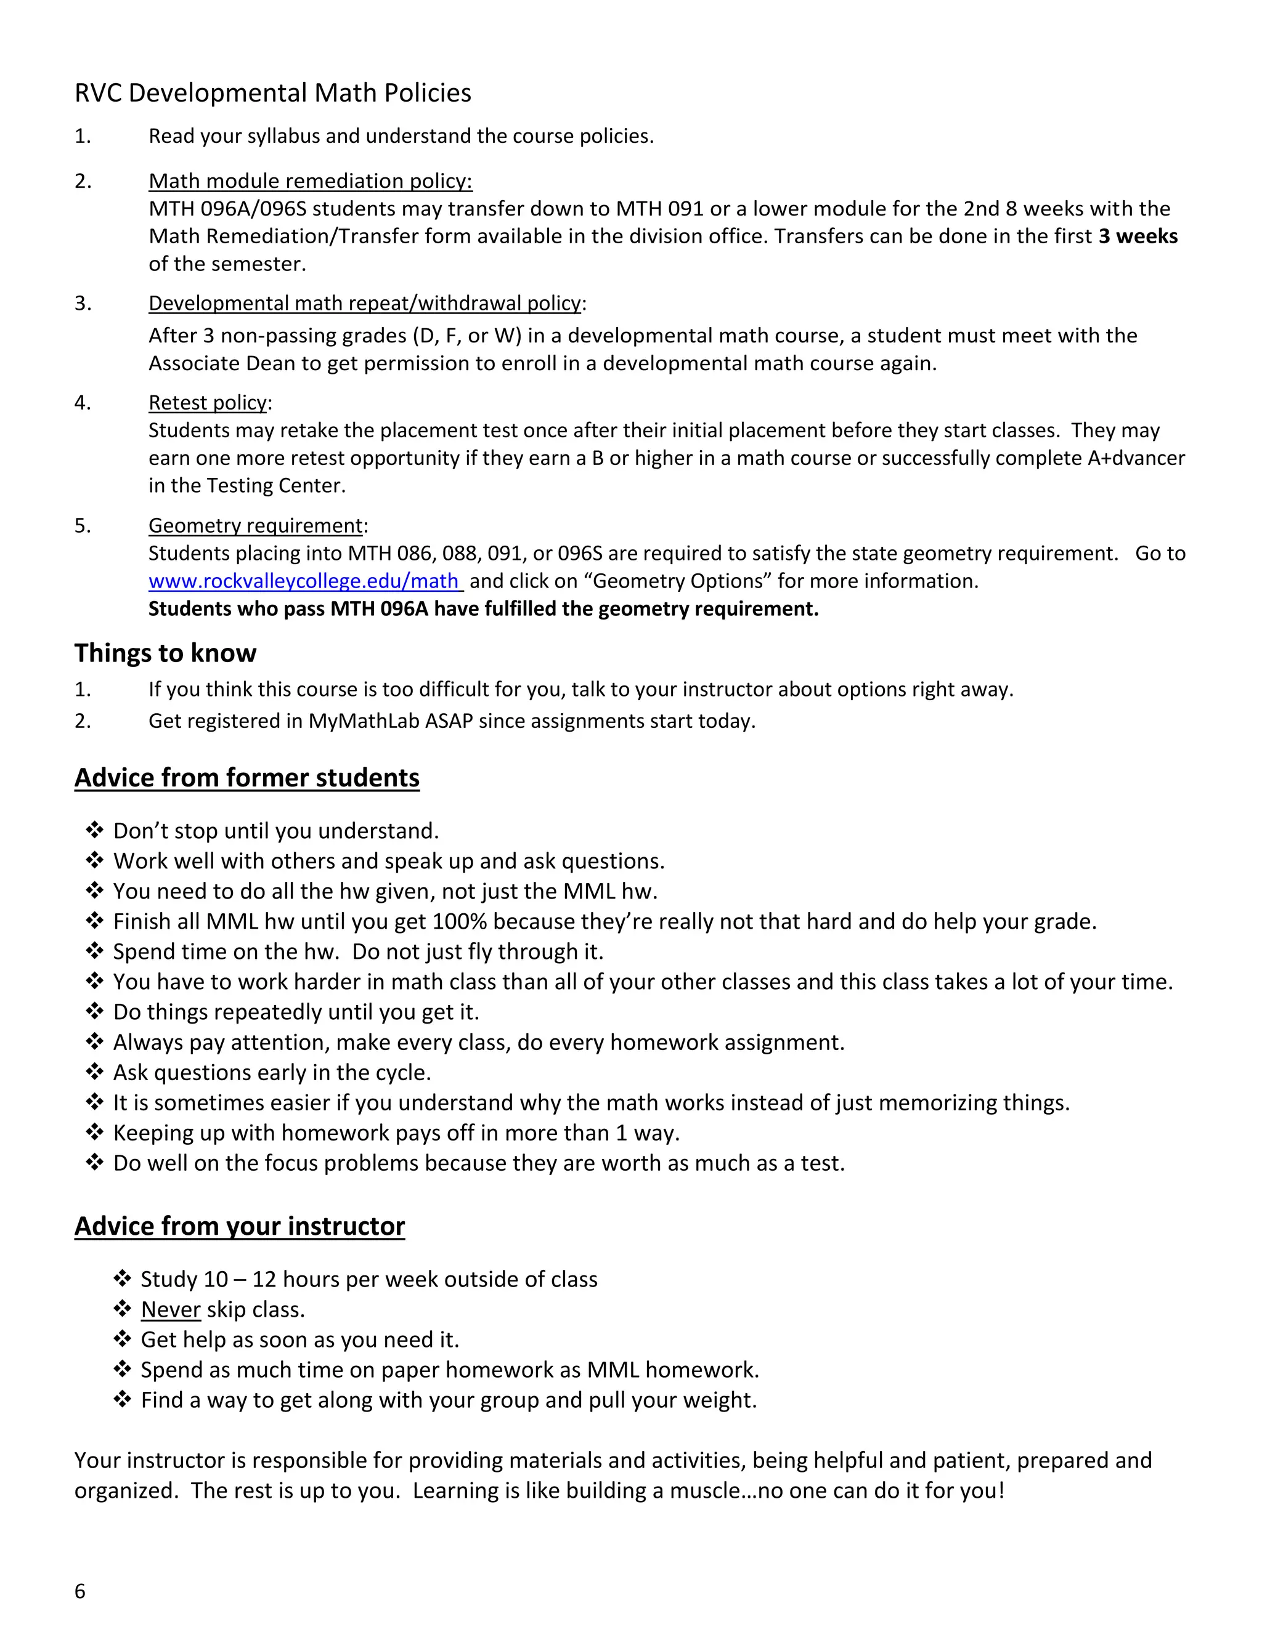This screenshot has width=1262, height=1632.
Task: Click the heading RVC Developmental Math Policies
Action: (273, 92)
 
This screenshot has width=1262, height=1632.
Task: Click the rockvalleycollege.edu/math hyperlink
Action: (304, 581)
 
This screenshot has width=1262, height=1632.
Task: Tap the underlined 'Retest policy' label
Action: (207, 403)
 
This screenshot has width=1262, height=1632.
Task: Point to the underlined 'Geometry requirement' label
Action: (255, 525)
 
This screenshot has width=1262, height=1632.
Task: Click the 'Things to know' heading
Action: (165, 652)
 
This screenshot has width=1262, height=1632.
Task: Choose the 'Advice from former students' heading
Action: (246, 777)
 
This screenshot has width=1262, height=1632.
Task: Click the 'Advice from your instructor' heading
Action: (239, 1226)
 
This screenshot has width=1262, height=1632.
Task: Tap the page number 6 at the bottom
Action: (80, 1591)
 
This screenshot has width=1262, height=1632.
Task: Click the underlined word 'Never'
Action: (171, 1309)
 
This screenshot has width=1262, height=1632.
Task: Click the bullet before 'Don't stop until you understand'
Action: (94, 830)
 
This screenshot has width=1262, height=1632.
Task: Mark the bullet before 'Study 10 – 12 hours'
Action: (122, 1279)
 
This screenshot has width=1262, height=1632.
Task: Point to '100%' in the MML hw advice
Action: (459, 921)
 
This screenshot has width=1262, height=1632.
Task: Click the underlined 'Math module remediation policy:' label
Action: (311, 181)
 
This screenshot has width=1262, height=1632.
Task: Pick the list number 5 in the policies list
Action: (81, 525)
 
